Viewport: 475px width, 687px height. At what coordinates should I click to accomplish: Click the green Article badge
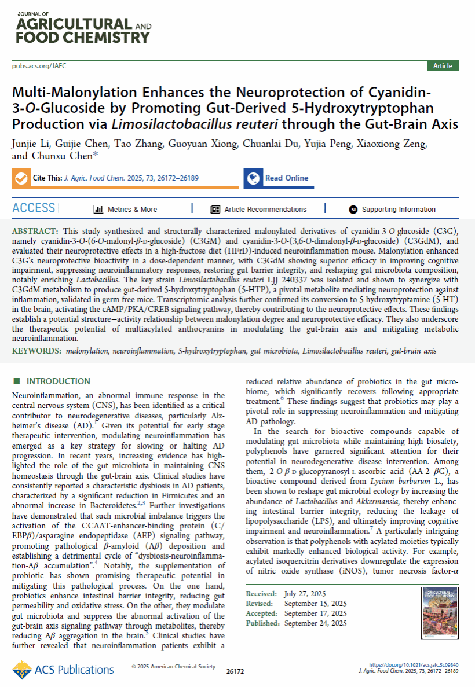click(443, 66)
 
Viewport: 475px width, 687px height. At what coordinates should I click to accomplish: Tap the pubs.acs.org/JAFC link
click(39, 66)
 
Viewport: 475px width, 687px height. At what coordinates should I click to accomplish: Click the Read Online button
click(286, 178)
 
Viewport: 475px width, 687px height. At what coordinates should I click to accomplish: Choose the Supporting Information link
click(399, 210)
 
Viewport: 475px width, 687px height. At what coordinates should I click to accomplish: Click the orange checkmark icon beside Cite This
click(21, 178)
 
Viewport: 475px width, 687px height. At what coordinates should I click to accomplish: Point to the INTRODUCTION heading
click(58, 381)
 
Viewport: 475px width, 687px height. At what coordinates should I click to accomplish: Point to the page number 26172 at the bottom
click(236, 671)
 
